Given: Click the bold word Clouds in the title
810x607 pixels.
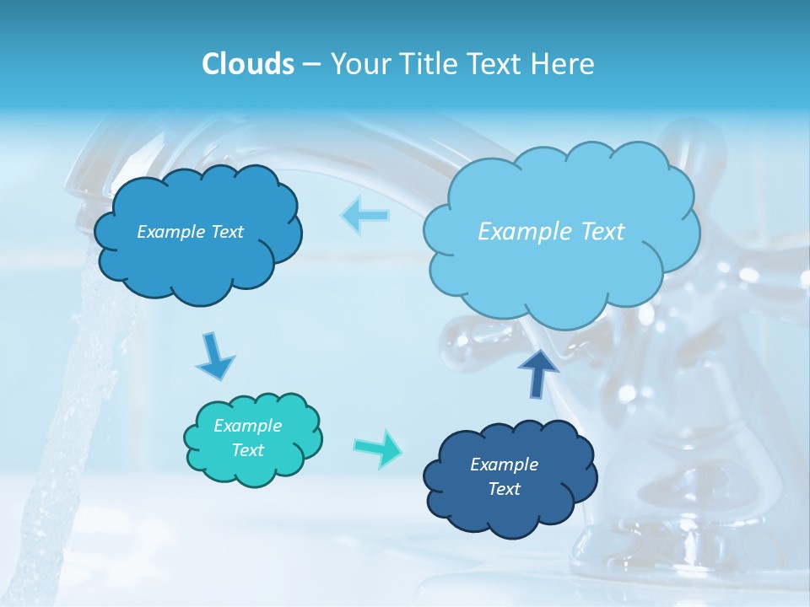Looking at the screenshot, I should (x=247, y=64).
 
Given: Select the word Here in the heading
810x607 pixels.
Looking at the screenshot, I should (x=564, y=64).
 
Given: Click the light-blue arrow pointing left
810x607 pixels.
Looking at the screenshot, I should (x=364, y=216).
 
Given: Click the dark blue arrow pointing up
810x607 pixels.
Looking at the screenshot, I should (x=537, y=373).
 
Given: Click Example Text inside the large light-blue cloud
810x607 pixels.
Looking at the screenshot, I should (x=551, y=232).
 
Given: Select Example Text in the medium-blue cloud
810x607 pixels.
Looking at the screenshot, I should (x=190, y=232).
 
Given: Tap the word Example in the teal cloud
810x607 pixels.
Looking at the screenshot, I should (x=247, y=426).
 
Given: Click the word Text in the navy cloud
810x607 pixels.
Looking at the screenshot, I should (x=504, y=489).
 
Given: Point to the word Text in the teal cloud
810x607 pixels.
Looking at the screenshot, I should (x=247, y=450).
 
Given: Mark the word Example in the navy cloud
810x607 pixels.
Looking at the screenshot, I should (x=504, y=465).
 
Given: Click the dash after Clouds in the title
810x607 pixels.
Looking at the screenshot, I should (x=310, y=65).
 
